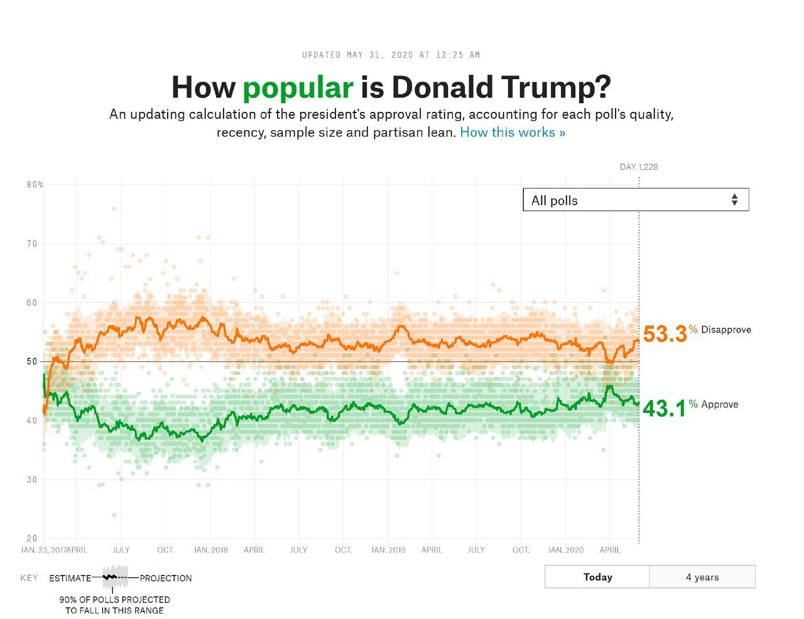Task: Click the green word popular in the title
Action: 298,87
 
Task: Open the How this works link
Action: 513,133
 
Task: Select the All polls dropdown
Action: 636,200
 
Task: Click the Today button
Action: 597,577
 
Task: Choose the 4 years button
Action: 702,577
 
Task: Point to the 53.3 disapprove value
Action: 665,334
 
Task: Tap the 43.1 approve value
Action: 664,408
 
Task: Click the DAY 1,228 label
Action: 639,167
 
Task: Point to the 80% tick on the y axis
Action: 35,185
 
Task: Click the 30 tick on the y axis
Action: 31,479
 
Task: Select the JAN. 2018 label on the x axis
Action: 210,550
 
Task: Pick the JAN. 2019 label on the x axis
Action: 388,550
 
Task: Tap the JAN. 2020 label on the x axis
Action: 565,550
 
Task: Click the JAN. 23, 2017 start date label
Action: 43,550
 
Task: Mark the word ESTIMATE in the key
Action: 70,578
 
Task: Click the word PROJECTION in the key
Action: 166,578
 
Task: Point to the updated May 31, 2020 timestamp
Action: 391,55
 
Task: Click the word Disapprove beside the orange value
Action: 725,329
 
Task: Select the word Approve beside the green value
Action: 719,404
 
